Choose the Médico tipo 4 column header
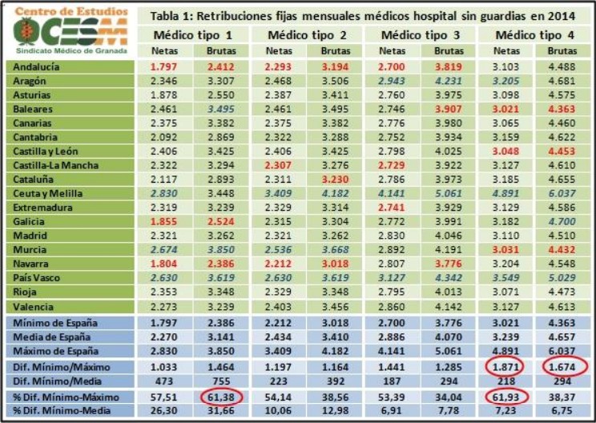[534, 35]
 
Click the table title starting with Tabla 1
[365, 15]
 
